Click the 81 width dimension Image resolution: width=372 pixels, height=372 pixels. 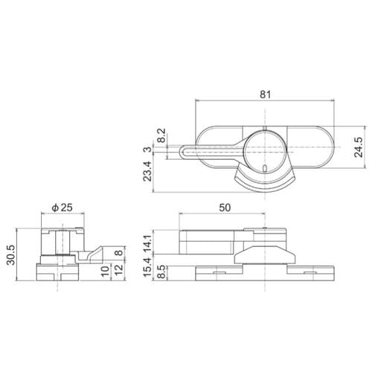pyautogui.click(x=265, y=94)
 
